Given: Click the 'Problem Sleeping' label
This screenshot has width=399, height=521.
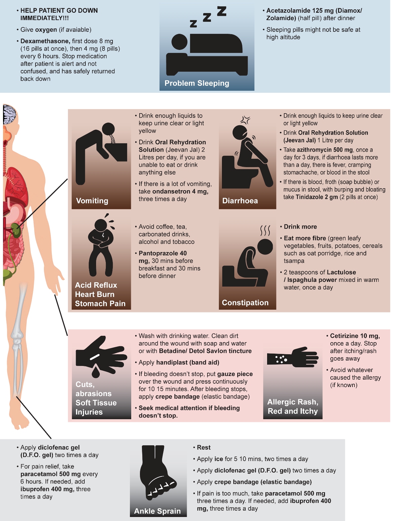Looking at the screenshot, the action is [x=197, y=83].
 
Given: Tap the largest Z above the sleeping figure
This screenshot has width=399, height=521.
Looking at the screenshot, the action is [x=222, y=11].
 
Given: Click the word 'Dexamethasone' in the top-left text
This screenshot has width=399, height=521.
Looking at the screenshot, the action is [x=45, y=41].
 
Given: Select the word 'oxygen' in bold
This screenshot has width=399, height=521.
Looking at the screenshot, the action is [x=46, y=30].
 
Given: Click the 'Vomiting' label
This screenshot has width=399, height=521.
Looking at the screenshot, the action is [x=92, y=201].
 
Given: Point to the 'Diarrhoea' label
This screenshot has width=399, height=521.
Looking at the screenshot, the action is [x=240, y=201].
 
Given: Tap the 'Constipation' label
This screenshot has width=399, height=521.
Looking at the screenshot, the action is [x=245, y=303].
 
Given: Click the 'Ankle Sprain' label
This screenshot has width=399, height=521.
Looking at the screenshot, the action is [x=157, y=511].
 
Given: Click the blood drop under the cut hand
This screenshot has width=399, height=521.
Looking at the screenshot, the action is [x=96, y=371].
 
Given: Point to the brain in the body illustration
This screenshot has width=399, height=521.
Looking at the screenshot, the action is [x=10, y=115].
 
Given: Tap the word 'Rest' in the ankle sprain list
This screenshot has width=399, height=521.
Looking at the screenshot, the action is [x=204, y=447].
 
